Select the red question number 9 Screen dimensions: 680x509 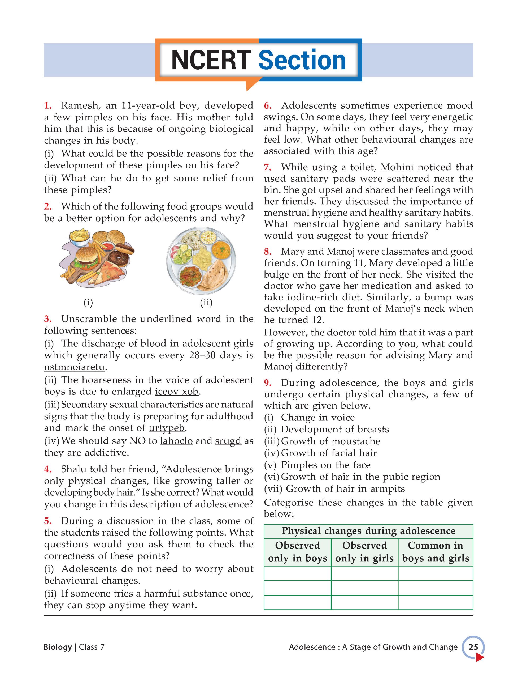[267, 383]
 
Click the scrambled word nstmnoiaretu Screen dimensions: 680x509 [74, 367]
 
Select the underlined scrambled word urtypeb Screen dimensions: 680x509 [167, 428]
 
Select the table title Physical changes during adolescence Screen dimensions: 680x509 [368, 531]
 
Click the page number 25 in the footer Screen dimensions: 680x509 [473, 647]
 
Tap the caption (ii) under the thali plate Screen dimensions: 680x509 [206, 303]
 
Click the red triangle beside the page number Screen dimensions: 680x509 [479, 656]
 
